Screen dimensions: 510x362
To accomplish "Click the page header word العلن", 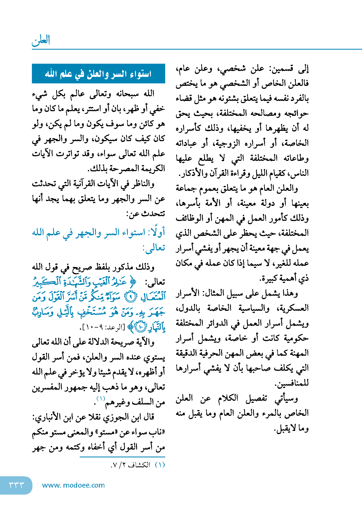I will coord(41,41).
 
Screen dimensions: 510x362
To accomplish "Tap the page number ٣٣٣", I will coord(16,485).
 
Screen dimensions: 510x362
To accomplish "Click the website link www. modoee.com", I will coord(73,485).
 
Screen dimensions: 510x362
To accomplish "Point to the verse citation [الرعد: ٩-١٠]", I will coord(103,327).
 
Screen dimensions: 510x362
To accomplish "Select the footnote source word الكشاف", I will coord(139,465).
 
